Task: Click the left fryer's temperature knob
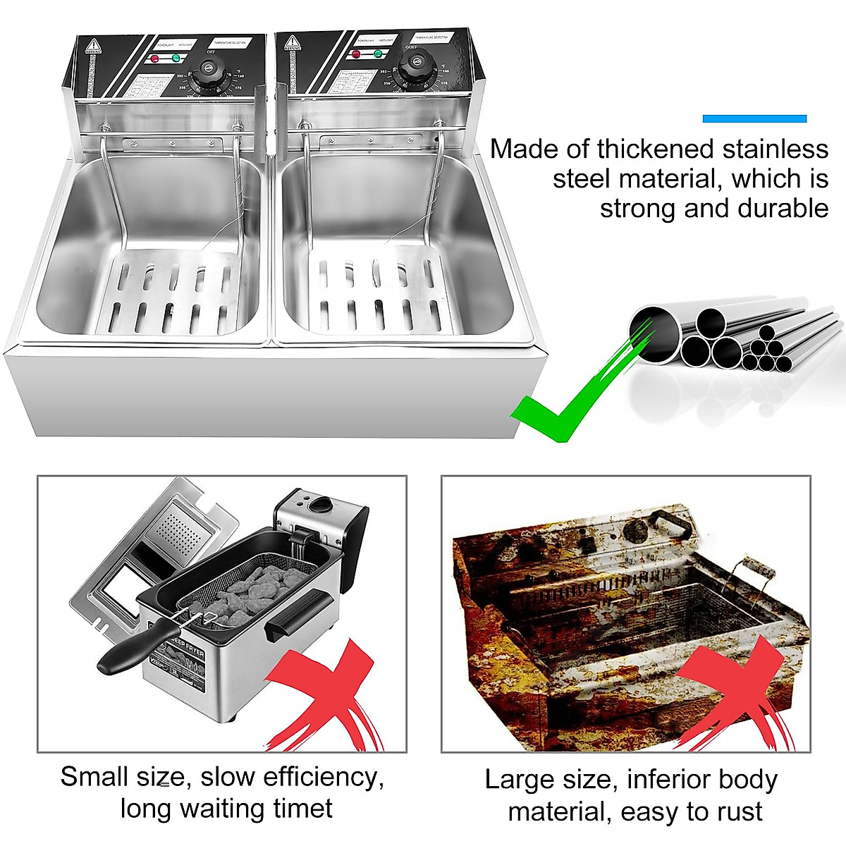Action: point(209,70)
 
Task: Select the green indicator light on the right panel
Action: point(378,53)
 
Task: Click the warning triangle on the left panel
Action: point(91,47)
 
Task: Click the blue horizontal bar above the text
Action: point(754,118)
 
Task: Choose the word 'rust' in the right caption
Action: point(735,811)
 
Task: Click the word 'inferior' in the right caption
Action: point(666,780)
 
